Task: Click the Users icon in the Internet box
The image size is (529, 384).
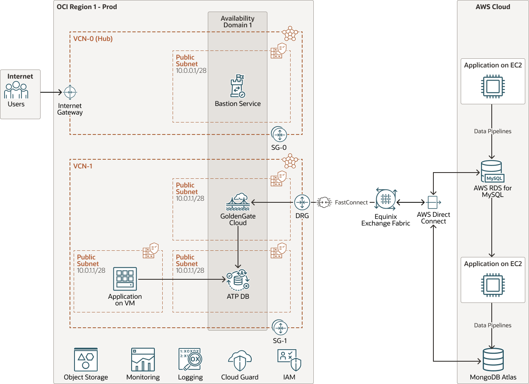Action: (16, 90)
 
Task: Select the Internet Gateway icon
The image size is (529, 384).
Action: (70, 92)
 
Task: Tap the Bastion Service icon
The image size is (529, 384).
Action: (237, 86)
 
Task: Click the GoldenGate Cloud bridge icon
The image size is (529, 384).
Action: (238, 202)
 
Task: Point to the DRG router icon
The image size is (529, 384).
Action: (302, 202)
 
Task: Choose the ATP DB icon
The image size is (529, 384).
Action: (238, 281)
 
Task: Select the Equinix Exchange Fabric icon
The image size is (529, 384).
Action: (386, 199)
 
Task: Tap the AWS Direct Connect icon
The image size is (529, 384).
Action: (433, 202)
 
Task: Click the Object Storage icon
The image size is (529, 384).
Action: (86, 360)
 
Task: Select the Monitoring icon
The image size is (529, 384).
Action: (143, 360)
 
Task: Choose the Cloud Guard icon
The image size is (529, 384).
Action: (240, 360)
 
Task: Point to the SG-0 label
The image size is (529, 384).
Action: (279, 147)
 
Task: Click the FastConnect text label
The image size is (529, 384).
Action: (351, 202)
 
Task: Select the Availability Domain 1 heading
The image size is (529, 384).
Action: (238, 22)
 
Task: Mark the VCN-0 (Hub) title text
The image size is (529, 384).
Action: (93, 39)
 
